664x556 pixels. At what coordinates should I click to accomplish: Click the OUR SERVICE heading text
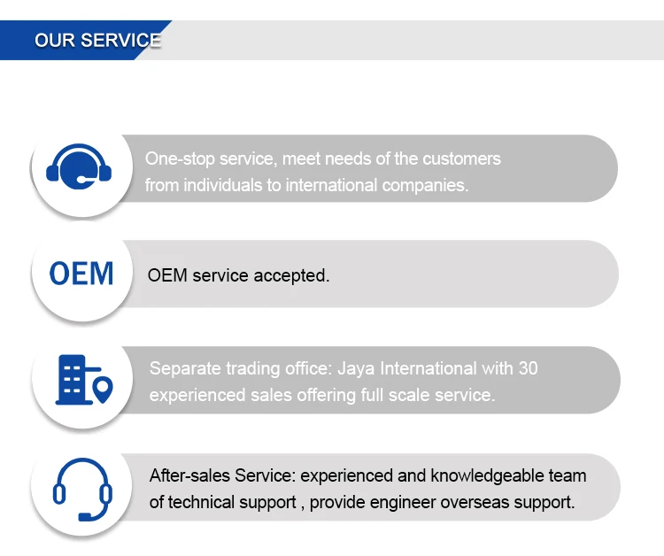(97, 41)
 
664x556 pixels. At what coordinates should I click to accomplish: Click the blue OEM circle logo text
(81, 274)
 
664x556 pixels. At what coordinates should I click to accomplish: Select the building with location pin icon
(83, 380)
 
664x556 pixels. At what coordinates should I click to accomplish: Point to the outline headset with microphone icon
(81, 489)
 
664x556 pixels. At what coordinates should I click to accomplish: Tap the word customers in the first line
(460, 159)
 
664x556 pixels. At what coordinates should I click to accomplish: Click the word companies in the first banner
(425, 186)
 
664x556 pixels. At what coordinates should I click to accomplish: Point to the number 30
(528, 368)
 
